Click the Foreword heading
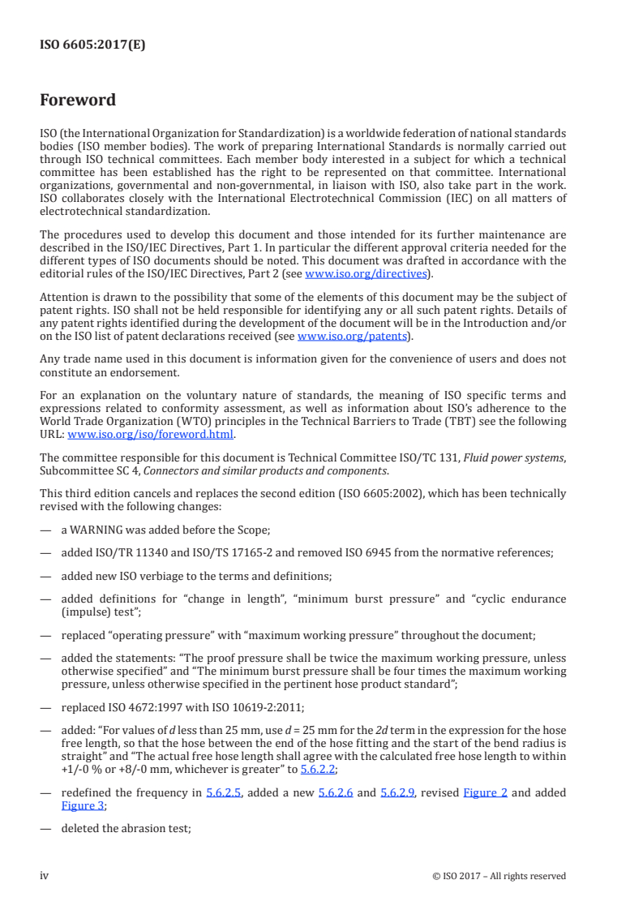78,101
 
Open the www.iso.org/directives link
365,273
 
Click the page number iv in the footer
45,875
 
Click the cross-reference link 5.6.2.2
319,769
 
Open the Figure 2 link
485,792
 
